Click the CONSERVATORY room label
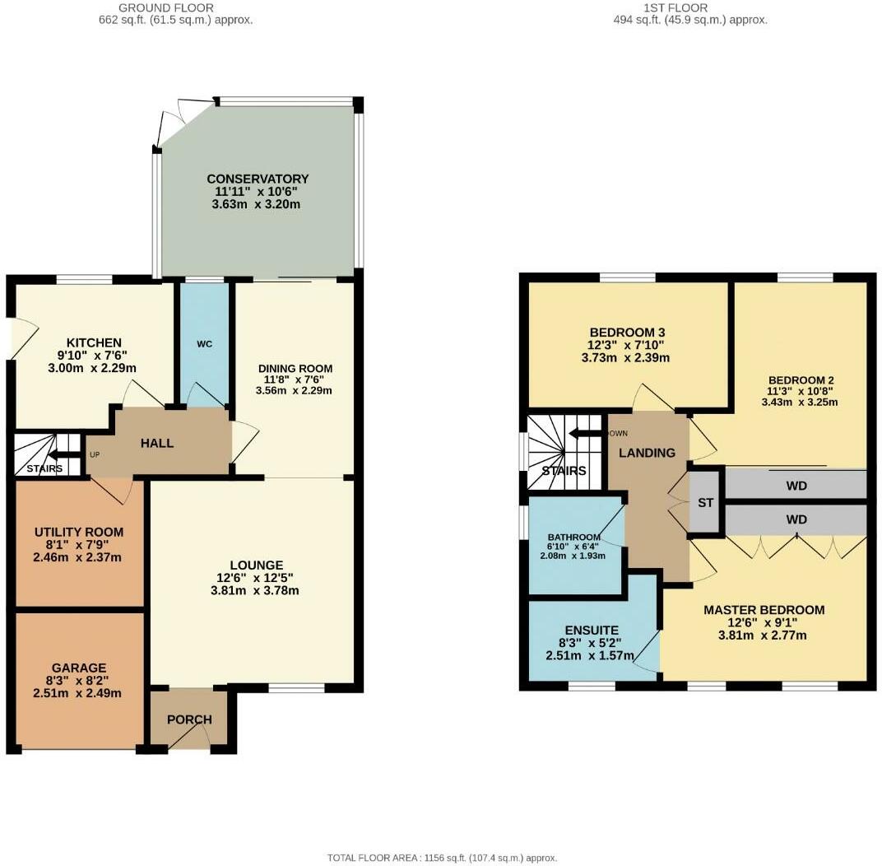(258, 179)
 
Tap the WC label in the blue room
(205, 344)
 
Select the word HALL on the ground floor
(157, 444)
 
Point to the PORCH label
(189, 719)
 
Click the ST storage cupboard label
(705, 502)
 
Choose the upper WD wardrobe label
(796, 486)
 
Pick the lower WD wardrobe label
(796, 519)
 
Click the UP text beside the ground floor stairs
(95, 454)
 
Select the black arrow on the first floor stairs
(586, 434)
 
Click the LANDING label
(647, 453)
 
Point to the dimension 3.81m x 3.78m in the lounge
(255, 591)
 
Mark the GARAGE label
(79, 668)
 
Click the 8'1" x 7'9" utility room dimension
(79, 545)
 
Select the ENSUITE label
(592, 631)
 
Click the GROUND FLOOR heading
(166, 8)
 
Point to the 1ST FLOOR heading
(675, 8)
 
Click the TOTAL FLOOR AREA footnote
(442, 858)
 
